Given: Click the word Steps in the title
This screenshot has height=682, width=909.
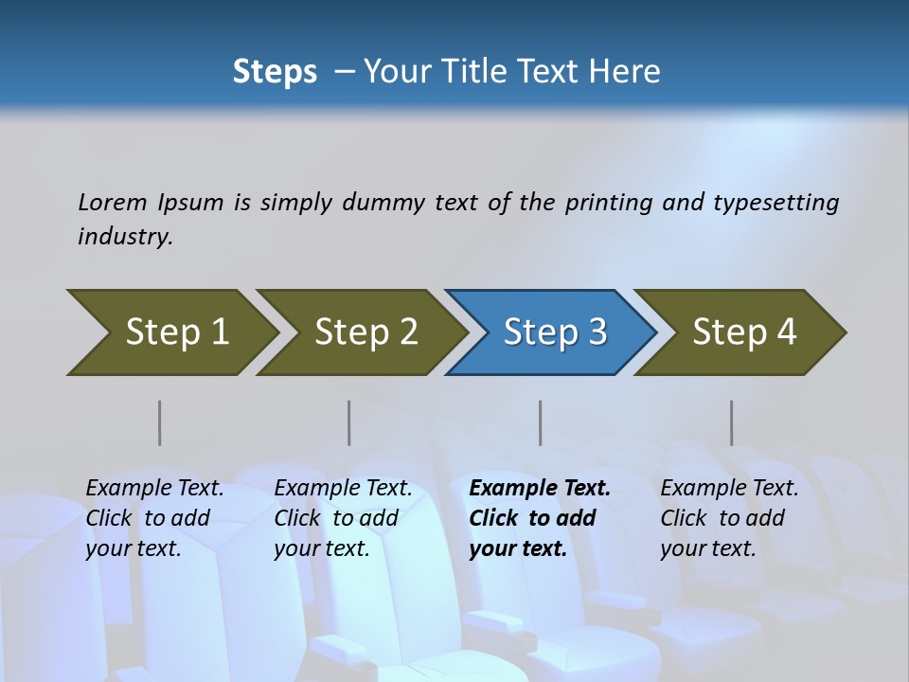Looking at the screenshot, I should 275,71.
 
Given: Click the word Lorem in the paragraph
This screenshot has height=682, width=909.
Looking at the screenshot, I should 112,203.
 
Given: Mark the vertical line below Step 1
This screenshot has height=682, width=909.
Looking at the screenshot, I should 160,422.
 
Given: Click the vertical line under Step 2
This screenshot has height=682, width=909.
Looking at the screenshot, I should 349,422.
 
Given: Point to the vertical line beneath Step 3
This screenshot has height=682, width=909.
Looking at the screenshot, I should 541,422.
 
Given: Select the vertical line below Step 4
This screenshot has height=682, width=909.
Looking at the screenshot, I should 732,422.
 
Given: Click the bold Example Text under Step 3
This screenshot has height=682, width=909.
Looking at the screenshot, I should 540,489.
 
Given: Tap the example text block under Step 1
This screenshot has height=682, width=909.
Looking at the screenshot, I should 154,518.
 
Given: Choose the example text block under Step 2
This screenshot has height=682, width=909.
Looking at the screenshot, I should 343,518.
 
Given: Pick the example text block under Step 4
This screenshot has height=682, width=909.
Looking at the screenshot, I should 729,518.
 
